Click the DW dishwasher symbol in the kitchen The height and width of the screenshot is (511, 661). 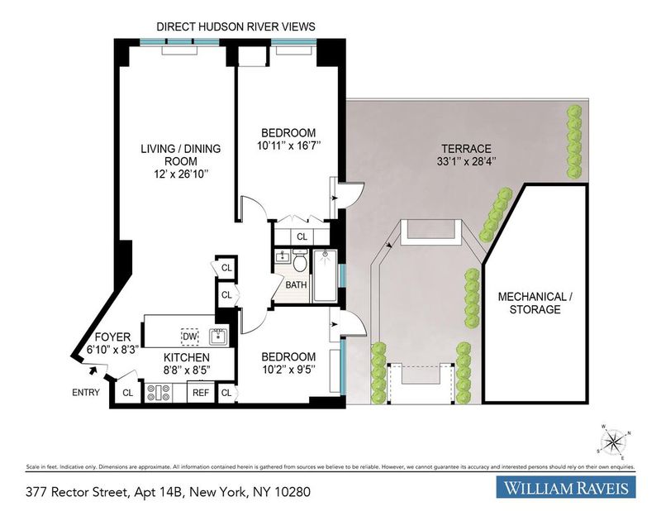pos(190,337)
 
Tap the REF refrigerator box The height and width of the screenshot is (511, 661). pos(201,393)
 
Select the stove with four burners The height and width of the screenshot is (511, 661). pos(159,393)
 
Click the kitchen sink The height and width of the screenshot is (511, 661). pos(218,337)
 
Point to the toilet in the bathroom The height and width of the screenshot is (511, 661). pos(300,260)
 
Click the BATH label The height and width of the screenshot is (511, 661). pos(296,284)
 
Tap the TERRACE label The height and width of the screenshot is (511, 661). pos(466,149)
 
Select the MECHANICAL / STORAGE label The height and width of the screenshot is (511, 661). pos(535,303)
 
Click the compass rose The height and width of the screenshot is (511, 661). pos(614,442)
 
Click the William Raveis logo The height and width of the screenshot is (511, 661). pos(566,487)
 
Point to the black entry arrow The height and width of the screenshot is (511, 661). pos(93,370)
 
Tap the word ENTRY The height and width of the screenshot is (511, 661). pos(86,393)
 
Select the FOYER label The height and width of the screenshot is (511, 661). pos(112,337)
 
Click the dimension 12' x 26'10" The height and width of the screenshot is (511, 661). pos(181,174)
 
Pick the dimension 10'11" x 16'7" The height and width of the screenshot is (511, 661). pos(288,146)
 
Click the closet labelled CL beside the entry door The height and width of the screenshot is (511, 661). pos(128,393)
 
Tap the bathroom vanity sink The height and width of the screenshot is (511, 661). pos(282,256)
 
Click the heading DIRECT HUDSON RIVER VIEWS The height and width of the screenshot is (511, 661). pos(235,26)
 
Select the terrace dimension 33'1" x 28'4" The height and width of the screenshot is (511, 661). pos(466,161)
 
